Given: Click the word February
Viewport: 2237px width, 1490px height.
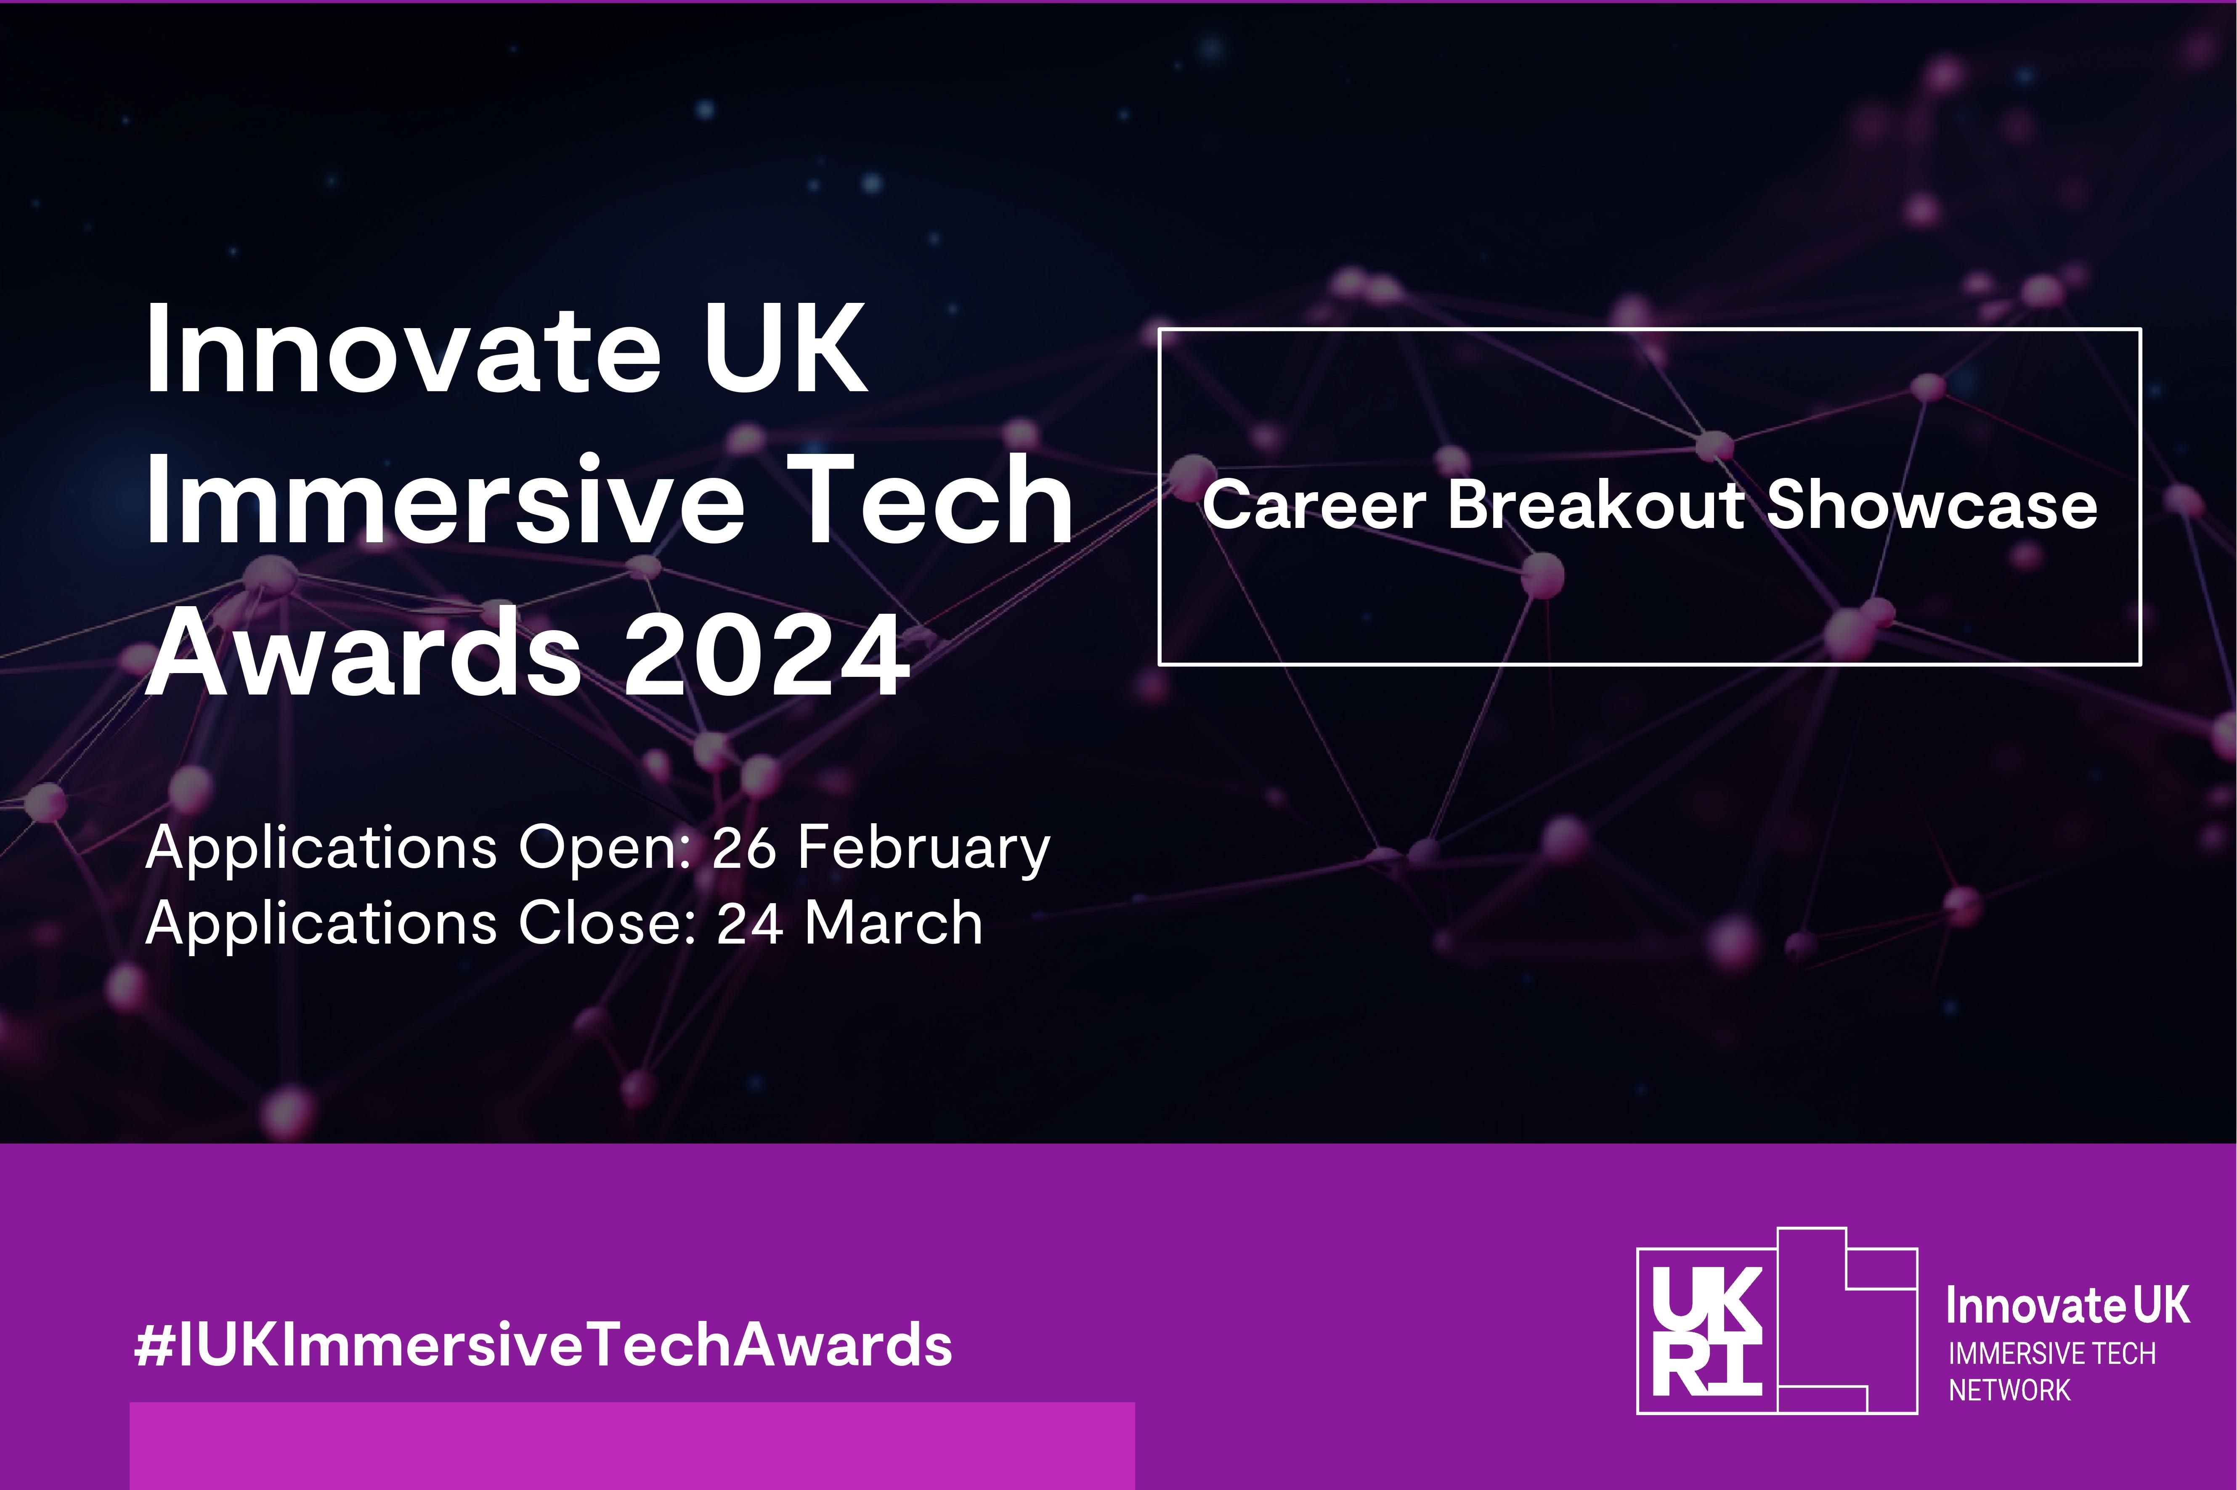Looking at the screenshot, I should (x=923, y=848).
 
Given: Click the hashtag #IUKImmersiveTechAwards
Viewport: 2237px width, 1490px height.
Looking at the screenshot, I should (x=544, y=1346).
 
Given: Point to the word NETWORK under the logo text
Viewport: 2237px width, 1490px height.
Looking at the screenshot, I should (x=2009, y=1390).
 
